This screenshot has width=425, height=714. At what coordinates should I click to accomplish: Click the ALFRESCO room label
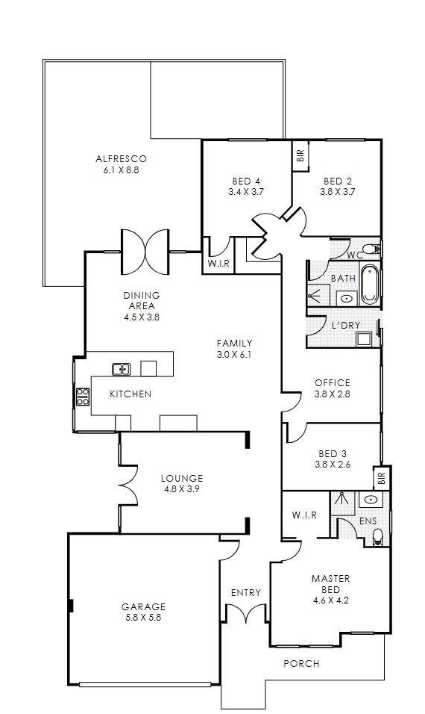coord(121,159)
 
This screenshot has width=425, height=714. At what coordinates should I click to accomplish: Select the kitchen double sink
coord(122,369)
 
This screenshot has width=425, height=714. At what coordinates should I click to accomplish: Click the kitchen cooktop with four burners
coord(83,396)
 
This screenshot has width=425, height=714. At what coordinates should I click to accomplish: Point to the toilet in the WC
coord(374,249)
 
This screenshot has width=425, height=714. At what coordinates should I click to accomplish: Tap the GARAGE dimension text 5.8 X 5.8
coord(143,618)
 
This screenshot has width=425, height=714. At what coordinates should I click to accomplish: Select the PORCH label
coord(301,663)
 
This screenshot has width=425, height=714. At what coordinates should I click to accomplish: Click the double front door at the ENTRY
coord(245,613)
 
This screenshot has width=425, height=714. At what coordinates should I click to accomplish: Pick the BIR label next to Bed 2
coord(300,157)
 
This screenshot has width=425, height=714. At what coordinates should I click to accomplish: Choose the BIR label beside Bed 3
coord(382,478)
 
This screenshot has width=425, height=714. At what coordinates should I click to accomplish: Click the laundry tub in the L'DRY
coord(364,339)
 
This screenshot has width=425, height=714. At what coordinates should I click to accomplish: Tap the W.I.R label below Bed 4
coord(218,264)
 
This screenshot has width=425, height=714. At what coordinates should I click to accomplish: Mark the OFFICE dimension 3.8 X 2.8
coord(333,394)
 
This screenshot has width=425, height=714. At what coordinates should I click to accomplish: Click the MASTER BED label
coord(331,584)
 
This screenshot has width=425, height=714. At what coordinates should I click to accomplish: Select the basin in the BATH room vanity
coord(347,299)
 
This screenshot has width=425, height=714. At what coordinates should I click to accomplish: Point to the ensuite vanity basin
coord(371,500)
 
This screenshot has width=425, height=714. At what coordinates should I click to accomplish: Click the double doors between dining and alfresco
coord(145,251)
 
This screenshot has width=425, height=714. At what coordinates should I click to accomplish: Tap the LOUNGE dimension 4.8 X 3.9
coord(182,489)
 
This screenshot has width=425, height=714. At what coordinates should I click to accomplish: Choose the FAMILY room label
coord(234,344)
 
